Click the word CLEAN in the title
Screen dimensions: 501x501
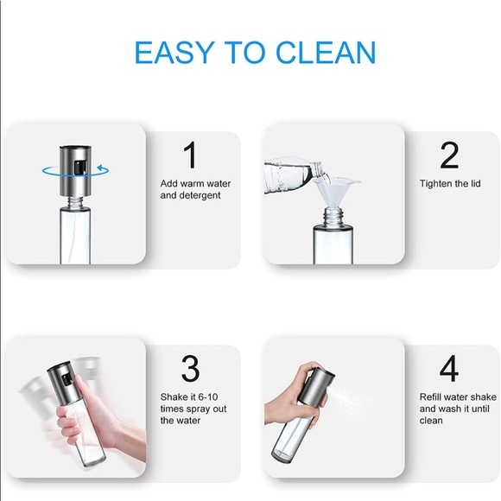click(326, 53)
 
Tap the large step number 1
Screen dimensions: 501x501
click(190, 155)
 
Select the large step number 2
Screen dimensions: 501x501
click(449, 155)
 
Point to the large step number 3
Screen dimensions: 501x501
click(190, 368)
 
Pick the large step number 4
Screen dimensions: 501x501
click(449, 368)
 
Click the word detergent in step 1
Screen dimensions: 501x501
click(200, 195)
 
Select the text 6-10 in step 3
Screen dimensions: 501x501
click(208, 396)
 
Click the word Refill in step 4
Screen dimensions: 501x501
click(430, 396)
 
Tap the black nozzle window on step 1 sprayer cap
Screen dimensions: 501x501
click(80, 167)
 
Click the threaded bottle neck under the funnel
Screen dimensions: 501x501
click(333, 216)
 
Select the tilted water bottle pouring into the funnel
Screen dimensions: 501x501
click(295, 174)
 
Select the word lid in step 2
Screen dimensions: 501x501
click(476, 183)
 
